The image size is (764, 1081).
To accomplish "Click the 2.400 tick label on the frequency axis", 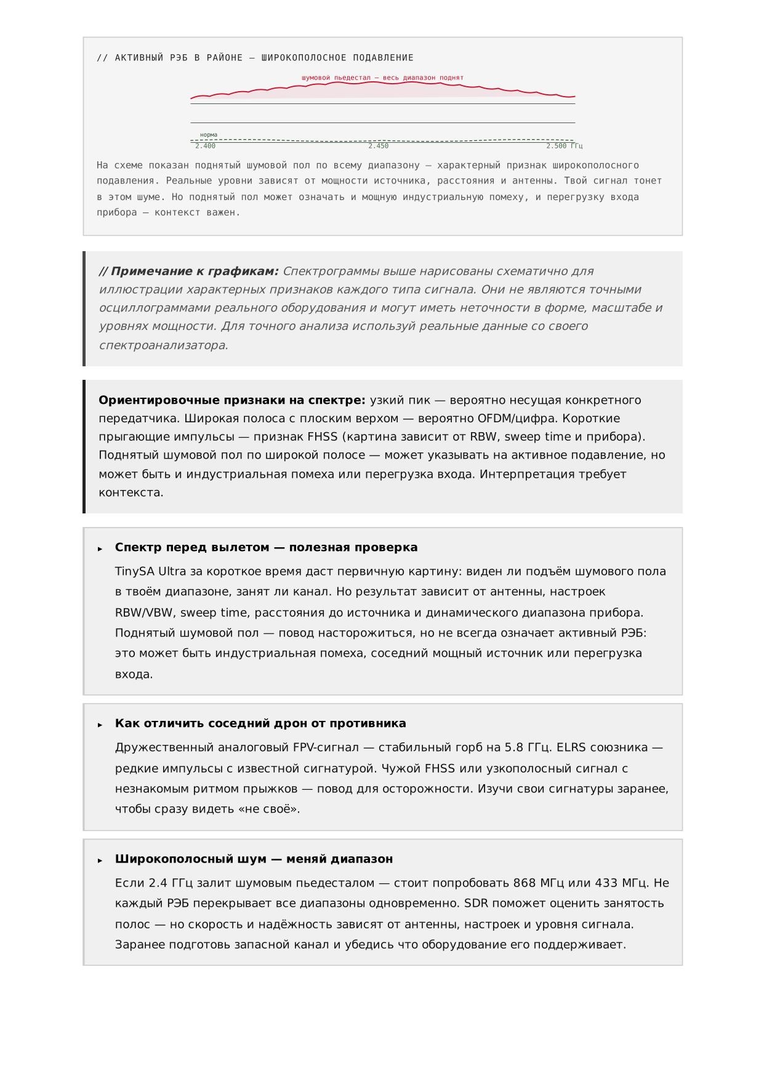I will tap(205, 146).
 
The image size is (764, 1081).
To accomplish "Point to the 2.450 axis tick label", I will tap(378, 146).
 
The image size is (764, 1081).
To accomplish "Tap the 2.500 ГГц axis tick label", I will tap(563, 146).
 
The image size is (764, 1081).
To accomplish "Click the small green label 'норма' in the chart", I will tap(209, 135).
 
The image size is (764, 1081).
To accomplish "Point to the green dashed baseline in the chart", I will tap(382, 140).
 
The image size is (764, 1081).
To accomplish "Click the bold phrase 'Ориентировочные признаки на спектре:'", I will tap(232, 400).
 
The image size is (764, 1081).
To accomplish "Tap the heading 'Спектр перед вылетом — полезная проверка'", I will tap(266, 547).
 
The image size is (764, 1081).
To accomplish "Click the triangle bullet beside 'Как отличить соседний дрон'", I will tap(100, 725).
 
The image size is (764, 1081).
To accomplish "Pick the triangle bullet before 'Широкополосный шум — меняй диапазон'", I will tap(100, 860).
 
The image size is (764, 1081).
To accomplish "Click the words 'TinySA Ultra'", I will tap(150, 571).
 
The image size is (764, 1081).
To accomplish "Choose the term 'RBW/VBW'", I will tap(144, 613).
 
